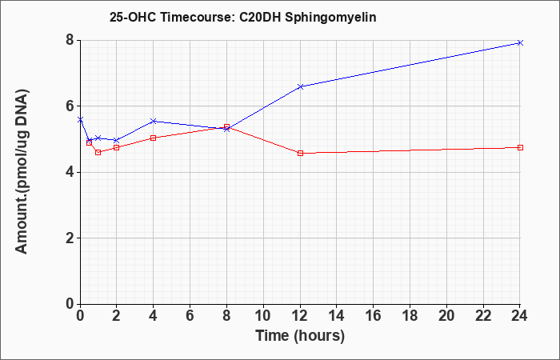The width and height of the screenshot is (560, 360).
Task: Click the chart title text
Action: click(x=243, y=18)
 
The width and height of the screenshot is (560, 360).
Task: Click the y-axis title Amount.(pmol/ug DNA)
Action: click(x=22, y=172)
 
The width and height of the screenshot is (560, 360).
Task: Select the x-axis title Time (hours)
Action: click(x=300, y=336)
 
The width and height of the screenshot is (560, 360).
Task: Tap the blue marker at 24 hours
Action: click(x=520, y=43)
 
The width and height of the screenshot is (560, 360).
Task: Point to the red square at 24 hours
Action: click(x=520, y=147)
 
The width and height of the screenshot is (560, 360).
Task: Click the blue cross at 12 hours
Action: click(x=300, y=86)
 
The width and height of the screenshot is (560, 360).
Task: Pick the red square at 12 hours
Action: click(x=300, y=154)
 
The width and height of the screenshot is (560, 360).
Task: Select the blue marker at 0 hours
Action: click(x=80, y=120)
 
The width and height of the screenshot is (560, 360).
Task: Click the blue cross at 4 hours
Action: click(x=154, y=122)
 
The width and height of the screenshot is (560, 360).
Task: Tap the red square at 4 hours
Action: click(x=154, y=138)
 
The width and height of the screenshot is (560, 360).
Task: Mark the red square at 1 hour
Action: click(x=98, y=153)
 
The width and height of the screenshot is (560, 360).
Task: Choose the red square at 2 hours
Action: click(x=117, y=147)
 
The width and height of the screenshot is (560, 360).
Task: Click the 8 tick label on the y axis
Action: click(x=70, y=40)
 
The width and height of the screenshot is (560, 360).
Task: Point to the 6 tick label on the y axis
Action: click(x=70, y=106)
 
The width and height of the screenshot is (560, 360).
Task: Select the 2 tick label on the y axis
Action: click(x=70, y=238)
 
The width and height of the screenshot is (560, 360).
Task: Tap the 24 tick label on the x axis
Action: click(x=519, y=316)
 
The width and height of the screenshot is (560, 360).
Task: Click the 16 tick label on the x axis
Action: click(x=373, y=316)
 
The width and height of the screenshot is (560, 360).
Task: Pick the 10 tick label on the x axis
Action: click(x=263, y=316)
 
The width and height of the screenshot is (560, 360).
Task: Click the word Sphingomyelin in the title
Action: click(x=330, y=18)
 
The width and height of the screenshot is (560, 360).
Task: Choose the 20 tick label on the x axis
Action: click(x=446, y=316)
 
